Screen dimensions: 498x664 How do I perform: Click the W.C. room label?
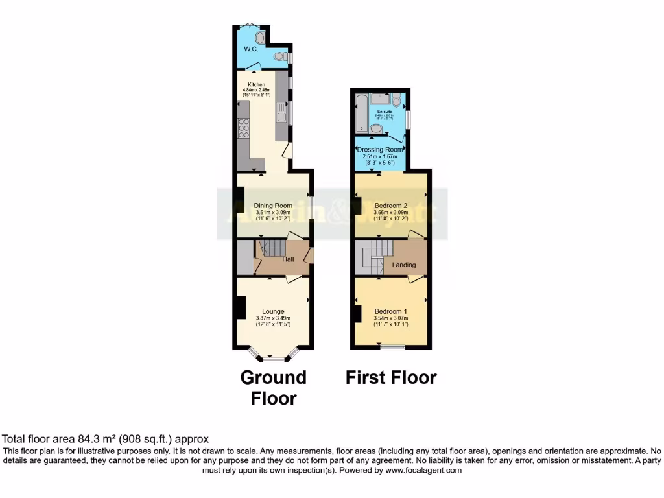[x=251, y=49]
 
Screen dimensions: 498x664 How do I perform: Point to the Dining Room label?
[x=273, y=206]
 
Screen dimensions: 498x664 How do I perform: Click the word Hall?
[x=289, y=259]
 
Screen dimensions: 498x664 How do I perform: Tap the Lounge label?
[x=273, y=311]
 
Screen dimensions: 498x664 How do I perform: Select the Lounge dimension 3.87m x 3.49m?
[x=273, y=318]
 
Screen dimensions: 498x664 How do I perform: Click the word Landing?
[x=404, y=265]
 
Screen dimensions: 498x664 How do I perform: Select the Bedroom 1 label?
[x=390, y=311]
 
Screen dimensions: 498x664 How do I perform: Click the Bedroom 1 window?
[x=392, y=348]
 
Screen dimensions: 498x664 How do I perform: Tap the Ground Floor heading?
[x=274, y=388]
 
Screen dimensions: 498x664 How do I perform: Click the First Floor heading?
[x=391, y=377]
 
